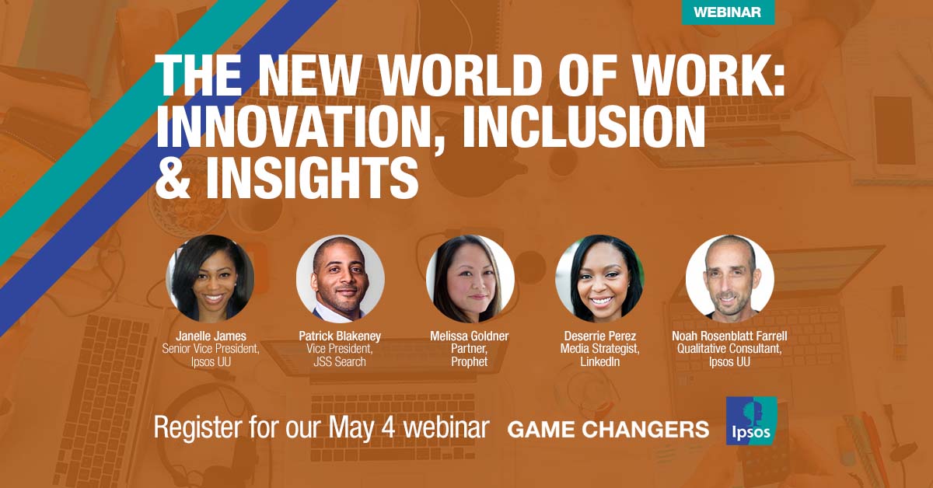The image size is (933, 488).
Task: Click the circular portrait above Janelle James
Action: pyautogui.click(x=210, y=278)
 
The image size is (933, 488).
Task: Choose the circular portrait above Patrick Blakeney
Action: pyautogui.click(x=340, y=278)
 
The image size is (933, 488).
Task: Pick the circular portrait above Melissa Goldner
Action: pyautogui.click(x=470, y=278)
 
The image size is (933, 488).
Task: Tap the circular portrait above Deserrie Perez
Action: pyautogui.click(x=599, y=278)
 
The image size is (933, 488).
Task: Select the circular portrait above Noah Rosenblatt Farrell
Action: pyautogui.click(x=729, y=278)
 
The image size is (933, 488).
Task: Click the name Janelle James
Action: pyautogui.click(x=210, y=336)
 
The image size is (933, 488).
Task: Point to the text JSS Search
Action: pyautogui.click(x=340, y=361)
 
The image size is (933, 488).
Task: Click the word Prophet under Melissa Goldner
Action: pyautogui.click(x=470, y=361)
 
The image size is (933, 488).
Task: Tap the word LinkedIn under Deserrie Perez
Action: pyautogui.click(x=599, y=361)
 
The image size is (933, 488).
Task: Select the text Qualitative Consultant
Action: pyautogui.click(x=729, y=349)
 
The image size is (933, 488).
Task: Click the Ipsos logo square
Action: pyautogui.click(x=751, y=420)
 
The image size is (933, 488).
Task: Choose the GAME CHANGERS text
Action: pyautogui.click(x=608, y=429)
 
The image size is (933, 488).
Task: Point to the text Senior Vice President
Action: pyautogui.click(x=210, y=349)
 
